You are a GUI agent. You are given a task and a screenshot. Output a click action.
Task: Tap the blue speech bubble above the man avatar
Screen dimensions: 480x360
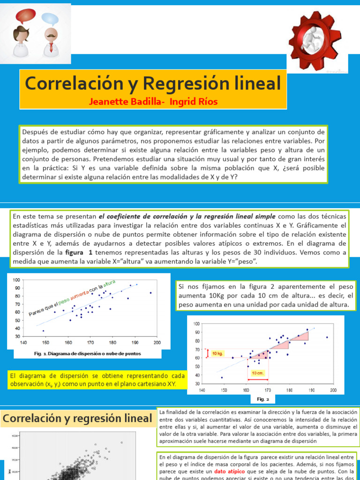51,19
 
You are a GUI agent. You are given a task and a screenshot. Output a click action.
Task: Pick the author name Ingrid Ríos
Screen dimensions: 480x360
194,102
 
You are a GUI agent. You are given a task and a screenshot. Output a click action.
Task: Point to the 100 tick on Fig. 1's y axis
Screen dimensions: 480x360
16,280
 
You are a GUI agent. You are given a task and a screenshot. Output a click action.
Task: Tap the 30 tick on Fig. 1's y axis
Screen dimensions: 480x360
17,336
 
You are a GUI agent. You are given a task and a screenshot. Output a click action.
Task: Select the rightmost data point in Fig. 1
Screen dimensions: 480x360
150,293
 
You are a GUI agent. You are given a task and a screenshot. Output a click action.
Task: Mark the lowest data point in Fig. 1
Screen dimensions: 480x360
44,331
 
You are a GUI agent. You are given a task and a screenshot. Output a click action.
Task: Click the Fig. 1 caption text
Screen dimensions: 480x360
87,353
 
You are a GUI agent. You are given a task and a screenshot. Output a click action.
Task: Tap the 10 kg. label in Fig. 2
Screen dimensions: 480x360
217,353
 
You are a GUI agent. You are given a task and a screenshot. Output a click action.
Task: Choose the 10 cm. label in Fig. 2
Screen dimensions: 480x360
257,373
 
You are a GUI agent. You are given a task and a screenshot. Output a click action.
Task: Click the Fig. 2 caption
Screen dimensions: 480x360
263,399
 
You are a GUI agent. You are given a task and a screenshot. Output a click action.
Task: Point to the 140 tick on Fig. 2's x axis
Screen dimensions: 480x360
202,390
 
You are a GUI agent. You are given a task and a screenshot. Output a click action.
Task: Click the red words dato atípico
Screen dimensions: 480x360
230,471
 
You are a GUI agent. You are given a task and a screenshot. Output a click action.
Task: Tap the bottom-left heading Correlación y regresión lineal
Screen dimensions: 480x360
78,419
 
